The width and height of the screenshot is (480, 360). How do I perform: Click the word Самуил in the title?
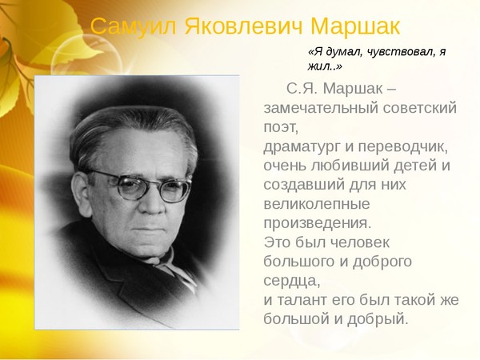pos(133,26)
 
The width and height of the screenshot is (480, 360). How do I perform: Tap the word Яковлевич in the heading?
pos(243,26)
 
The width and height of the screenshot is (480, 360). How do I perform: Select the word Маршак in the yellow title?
pos(355,26)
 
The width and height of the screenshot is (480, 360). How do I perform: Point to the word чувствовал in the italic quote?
pos(400,52)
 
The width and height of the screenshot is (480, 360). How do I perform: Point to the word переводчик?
pos(403,147)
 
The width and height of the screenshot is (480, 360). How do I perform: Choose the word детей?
pos(416,166)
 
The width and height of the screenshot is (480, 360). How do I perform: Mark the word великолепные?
pos(317,204)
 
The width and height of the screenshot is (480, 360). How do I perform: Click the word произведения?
pos(317,223)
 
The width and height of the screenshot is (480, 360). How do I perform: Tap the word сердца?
pos(292,281)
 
